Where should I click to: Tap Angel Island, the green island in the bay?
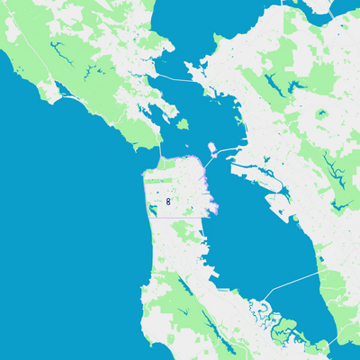(183, 124)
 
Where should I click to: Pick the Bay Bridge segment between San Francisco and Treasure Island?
(208, 163)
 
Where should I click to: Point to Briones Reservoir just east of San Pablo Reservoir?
(290, 87)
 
